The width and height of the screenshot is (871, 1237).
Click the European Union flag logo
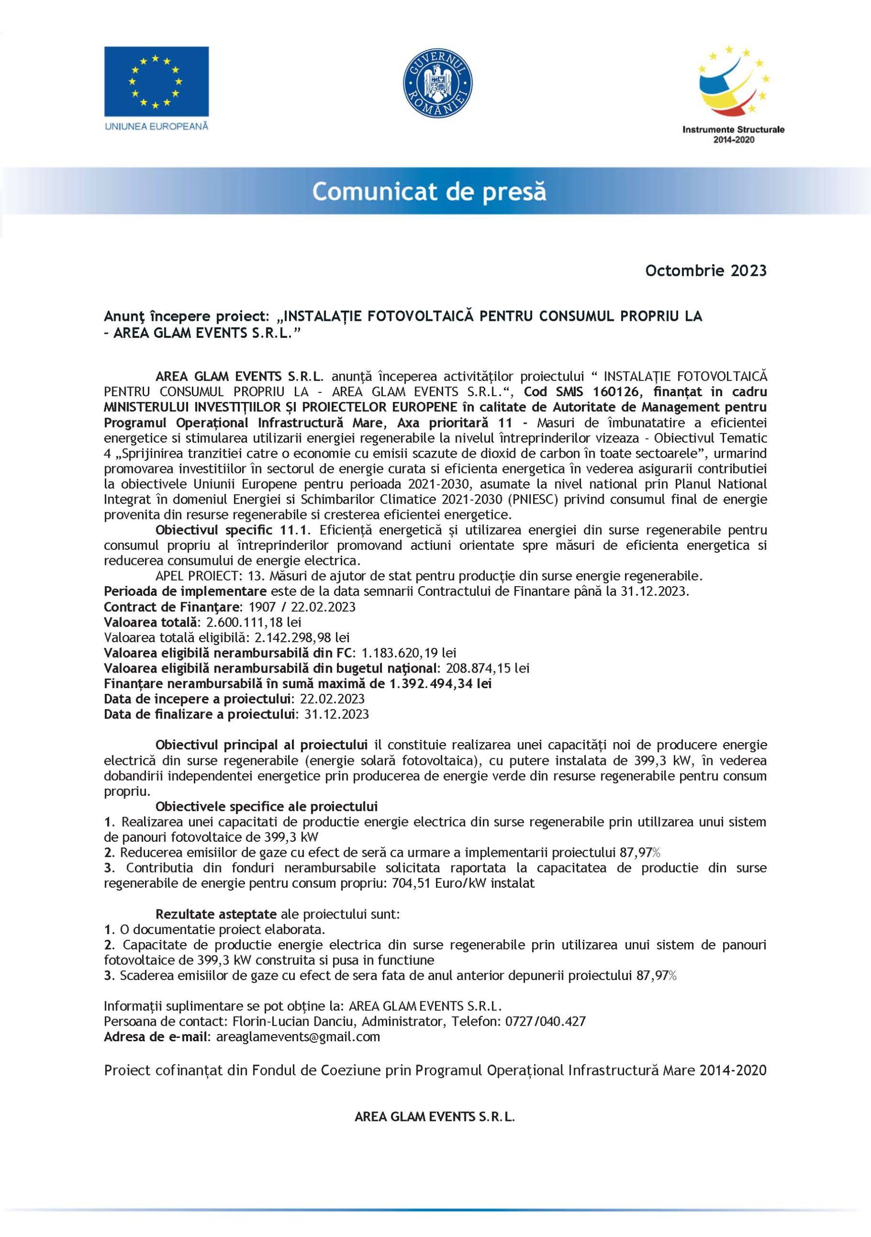point(156,81)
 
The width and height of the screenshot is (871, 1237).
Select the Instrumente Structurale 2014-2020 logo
point(733,94)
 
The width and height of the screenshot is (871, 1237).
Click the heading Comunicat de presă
point(429,192)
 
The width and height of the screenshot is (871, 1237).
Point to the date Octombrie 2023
point(706,271)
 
